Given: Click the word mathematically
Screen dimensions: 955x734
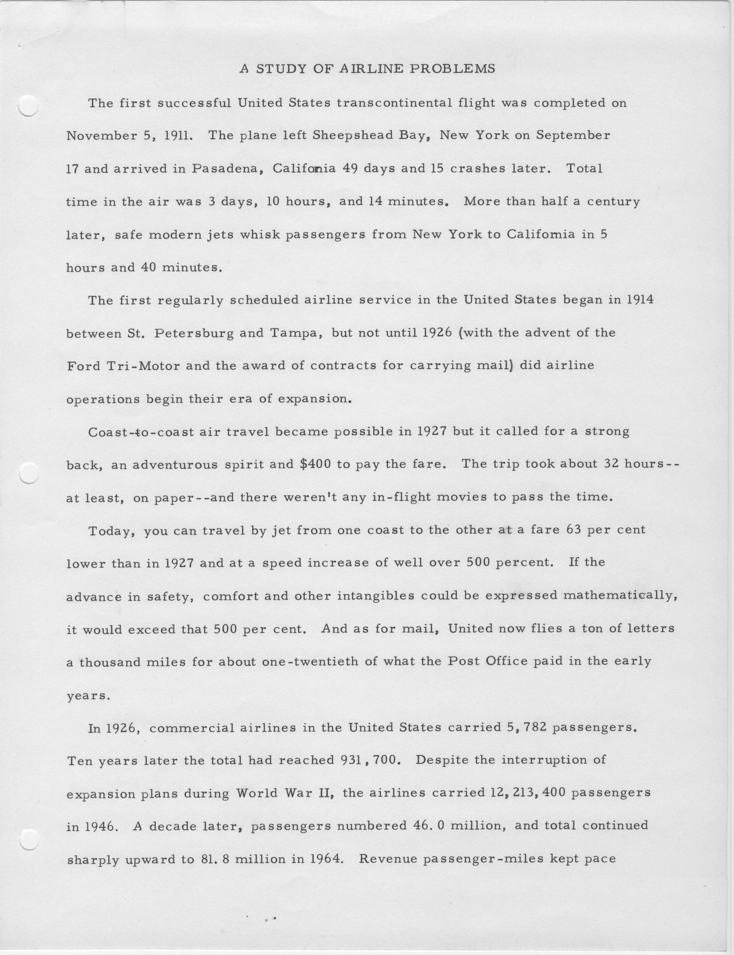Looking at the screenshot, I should [618, 596].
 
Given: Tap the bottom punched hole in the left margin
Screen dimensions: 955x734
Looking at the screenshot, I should [29, 840].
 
